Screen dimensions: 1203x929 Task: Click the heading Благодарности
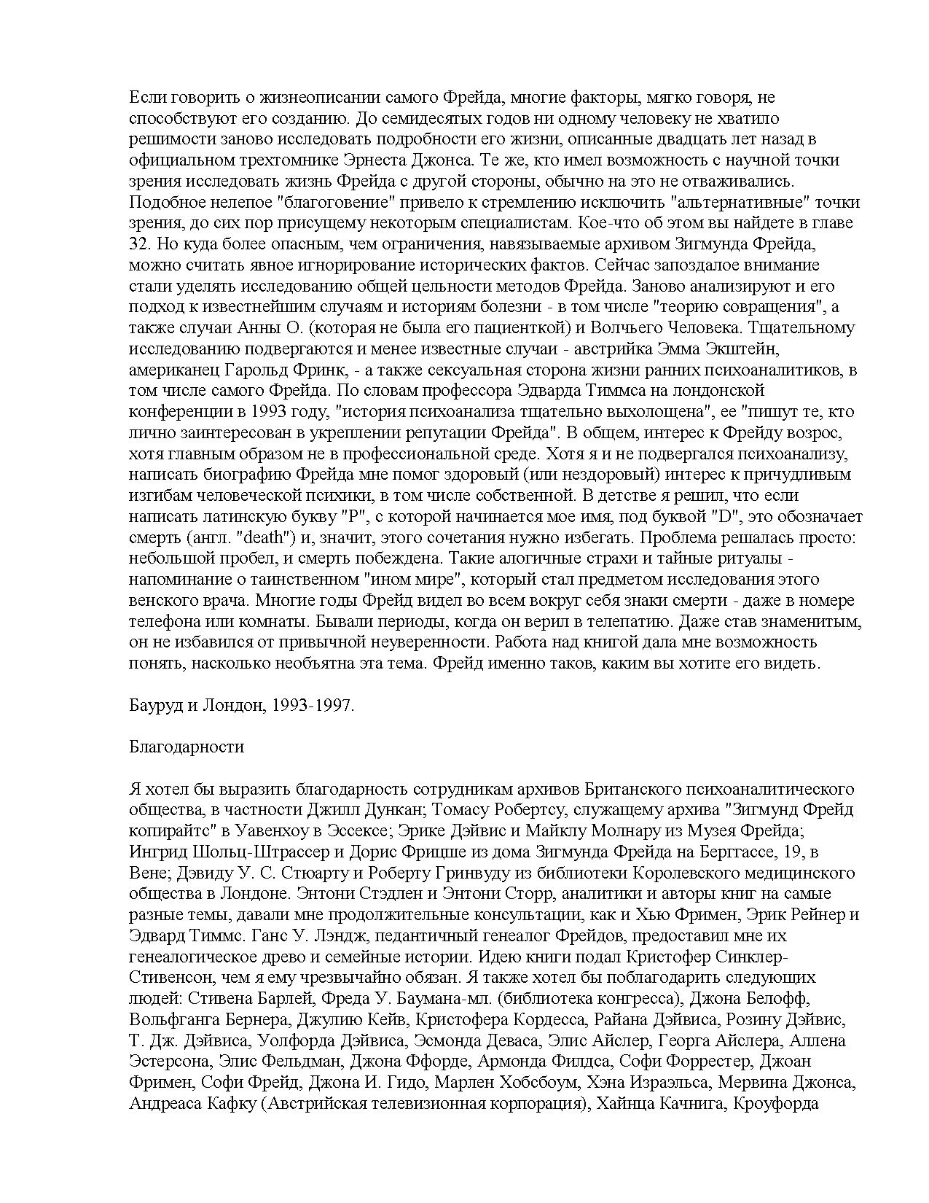[187, 747]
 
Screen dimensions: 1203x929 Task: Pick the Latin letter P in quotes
[350, 517]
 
